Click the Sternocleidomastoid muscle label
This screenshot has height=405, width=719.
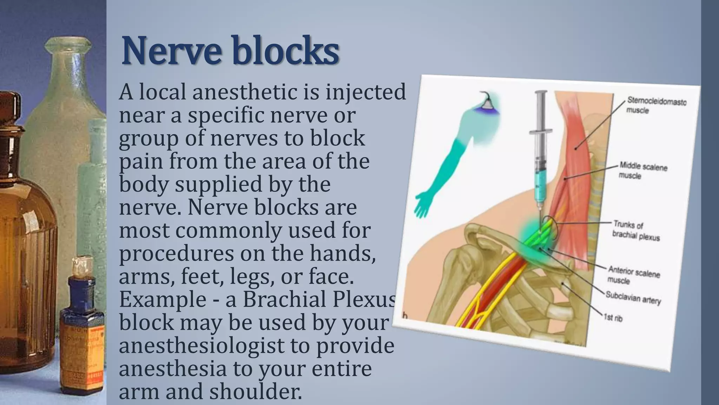[x=656, y=105]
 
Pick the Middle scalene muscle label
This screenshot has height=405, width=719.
[x=643, y=171]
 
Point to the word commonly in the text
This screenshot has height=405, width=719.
[x=228, y=231]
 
